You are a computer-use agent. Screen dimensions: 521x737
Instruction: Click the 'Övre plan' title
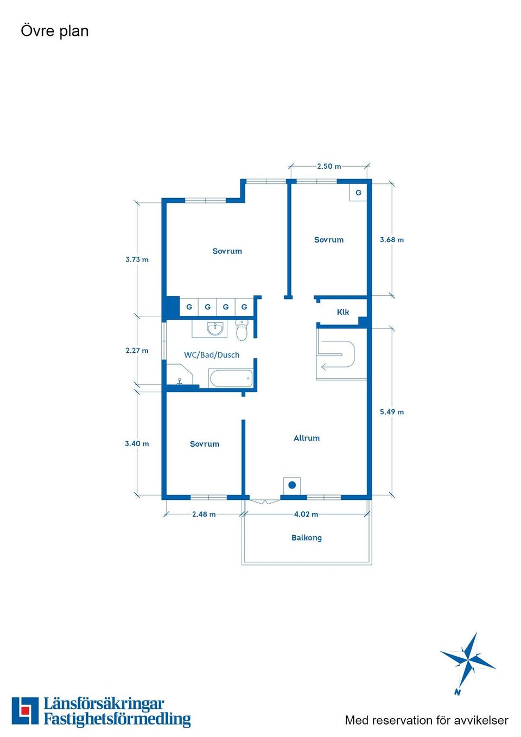coord(55,31)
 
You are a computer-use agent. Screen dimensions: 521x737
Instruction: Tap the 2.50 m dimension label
coord(329,167)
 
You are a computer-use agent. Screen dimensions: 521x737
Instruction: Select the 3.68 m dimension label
coord(392,240)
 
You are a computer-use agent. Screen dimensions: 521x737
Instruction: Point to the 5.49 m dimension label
coord(392,412)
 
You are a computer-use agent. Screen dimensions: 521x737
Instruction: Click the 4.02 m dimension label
coord(306,514)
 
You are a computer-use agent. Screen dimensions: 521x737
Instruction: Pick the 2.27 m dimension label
coord(137,351)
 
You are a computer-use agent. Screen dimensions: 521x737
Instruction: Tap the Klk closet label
coord(343,312)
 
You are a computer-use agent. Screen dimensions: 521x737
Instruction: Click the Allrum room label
coord(307,438)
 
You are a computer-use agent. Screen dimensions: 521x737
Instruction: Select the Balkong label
coord(307,538)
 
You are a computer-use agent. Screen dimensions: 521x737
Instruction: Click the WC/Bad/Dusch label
coord(212,355)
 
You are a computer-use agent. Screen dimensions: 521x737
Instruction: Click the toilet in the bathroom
coord(242,330)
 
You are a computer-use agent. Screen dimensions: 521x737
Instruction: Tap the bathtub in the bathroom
coord(231,378)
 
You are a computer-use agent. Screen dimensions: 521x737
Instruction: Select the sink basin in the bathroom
coord(215,328)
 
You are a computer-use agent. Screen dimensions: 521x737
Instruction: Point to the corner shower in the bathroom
coord(179,374)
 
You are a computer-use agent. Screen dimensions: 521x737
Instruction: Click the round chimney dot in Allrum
coord(292,485)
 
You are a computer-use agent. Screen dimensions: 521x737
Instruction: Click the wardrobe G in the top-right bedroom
coord(359,193)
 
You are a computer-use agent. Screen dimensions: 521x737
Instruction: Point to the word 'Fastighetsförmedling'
coord(117,720)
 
